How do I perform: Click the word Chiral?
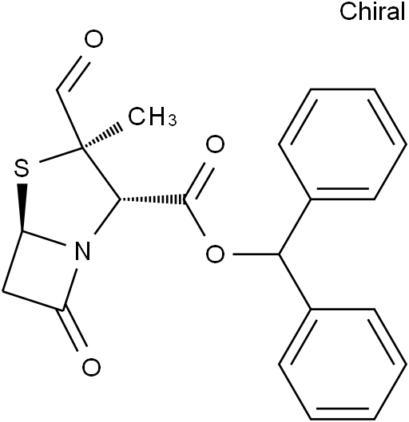[372, 11]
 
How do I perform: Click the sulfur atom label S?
[22, 168]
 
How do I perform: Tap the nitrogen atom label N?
[82, 250]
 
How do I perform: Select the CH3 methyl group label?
[153, 116]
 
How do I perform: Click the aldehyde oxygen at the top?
[93, 39]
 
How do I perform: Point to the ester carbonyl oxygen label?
[215, 144]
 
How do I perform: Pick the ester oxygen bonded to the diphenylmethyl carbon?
[215, 254]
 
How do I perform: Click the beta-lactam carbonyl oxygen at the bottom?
[91, 367]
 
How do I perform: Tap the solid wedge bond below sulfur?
[22, 207]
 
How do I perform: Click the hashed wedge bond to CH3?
[101, 137]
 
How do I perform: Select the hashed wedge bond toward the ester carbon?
[153, 199]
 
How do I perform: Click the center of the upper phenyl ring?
[343, 144]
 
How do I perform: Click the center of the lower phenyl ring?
[343, 364]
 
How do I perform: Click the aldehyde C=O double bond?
[72, 73]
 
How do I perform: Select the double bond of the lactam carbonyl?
[72, 329]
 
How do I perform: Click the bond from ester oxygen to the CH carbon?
[256, 254]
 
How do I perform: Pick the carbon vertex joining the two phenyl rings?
[279, 254]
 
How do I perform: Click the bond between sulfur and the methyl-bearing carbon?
[61, 155]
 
